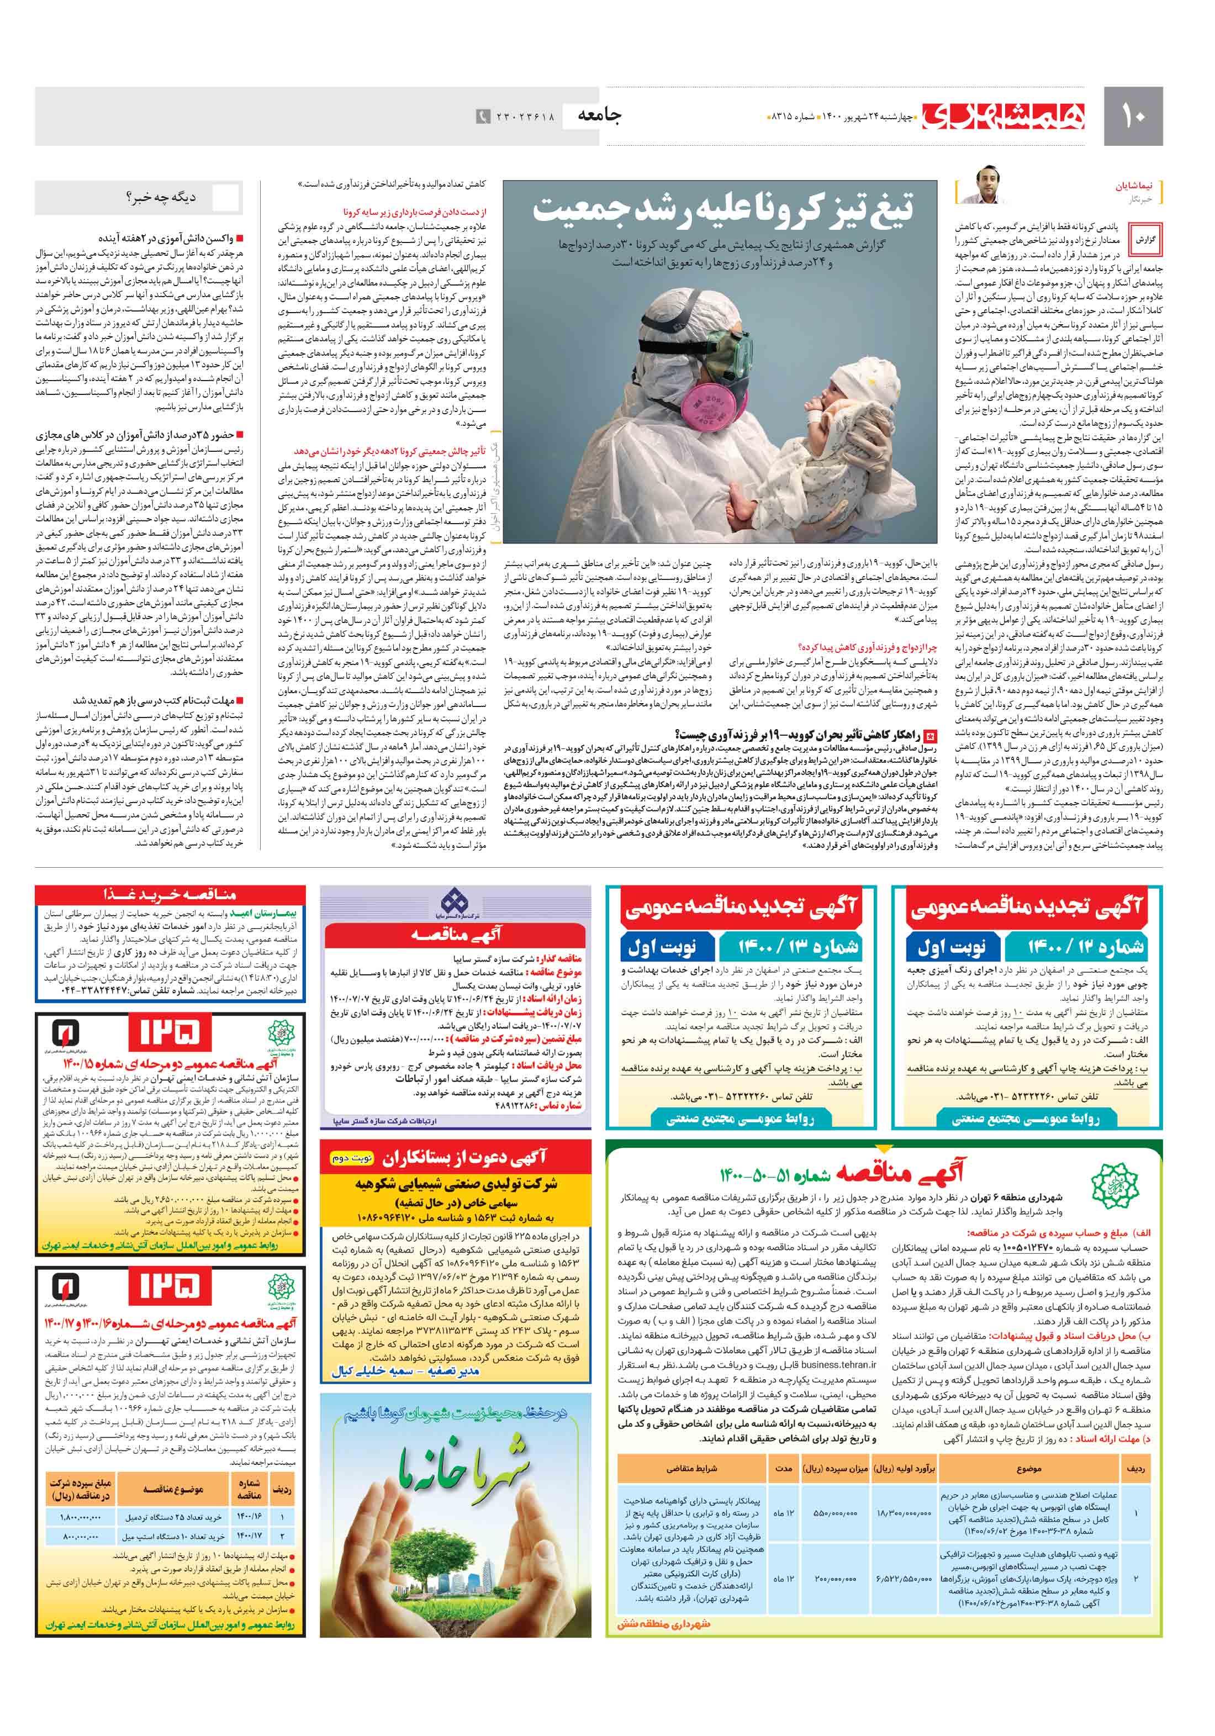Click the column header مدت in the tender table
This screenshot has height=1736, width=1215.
784,1468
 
